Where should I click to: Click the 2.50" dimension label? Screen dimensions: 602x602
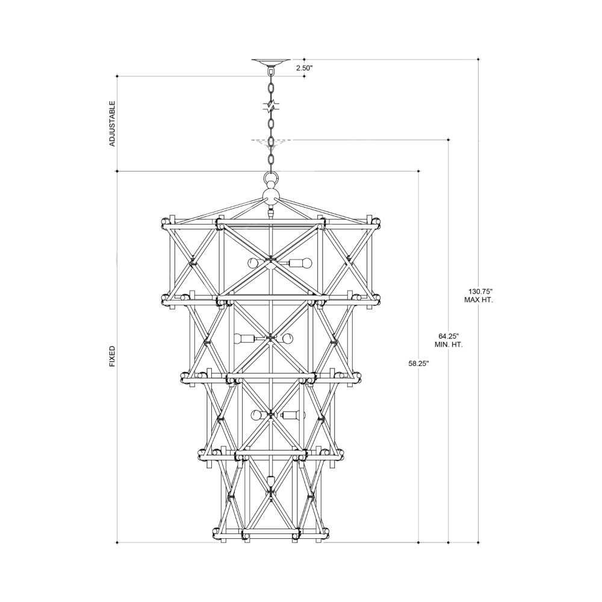point(304,68)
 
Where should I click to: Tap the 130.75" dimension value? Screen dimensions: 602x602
point(479,291)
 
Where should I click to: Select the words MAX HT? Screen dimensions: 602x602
point(479,300)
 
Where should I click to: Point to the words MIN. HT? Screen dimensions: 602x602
point(449,345)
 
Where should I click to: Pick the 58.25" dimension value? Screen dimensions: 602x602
point(418,363)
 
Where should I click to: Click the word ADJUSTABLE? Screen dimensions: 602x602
point(113,123)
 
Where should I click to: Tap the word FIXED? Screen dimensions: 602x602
point(113,356)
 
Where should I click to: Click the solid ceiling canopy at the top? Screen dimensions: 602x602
point(271,62)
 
